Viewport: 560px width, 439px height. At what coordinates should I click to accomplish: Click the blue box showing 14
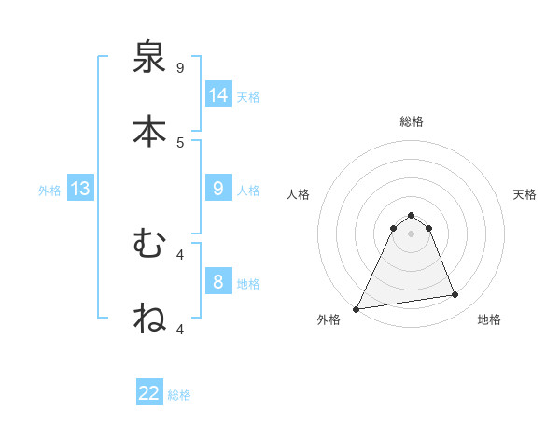click(x=218, y=94)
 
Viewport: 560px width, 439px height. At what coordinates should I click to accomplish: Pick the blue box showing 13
click(x=80, y=189)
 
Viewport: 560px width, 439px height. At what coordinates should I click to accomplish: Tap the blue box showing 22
click(x=149, y=393)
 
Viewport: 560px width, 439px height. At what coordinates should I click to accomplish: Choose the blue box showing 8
click(x=218, y=282)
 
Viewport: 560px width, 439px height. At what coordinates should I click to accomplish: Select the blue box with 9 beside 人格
click(x=218, y=189)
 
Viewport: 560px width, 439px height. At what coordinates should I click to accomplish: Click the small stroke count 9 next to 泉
click(x=180, y=68)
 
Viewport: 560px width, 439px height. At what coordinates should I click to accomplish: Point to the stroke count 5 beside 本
click(x=180, y=142)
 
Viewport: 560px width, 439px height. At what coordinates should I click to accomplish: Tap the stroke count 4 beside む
click(x=180, y=254)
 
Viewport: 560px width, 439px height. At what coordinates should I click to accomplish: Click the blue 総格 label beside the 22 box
click(x=179, y=395)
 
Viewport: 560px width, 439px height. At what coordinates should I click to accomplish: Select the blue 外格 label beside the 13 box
click(x=49, y=191)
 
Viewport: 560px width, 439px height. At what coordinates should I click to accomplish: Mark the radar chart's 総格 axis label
click(x=411, y=121)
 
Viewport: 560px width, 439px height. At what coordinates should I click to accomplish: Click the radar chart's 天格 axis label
click(x=525, y=194)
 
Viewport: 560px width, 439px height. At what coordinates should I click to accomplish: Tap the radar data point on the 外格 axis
click(x=357, y=308)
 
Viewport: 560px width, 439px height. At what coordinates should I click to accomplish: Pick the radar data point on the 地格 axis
click(x=455, y=295)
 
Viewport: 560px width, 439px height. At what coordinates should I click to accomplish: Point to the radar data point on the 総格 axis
click(x=411, y=215)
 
